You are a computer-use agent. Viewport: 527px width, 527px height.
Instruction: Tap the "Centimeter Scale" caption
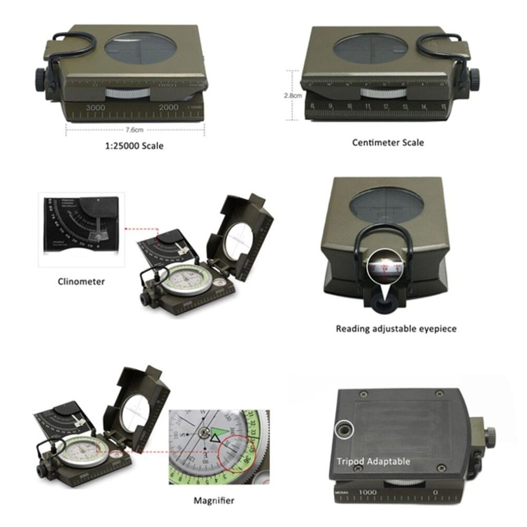[x=387, y=142]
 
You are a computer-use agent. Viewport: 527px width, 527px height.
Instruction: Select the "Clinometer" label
[x=81, y=281]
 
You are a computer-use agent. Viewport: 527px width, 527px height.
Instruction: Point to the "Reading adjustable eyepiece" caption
[x=396, y=329]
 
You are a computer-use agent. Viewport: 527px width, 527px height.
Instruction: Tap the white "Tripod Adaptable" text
[x=373, y=462]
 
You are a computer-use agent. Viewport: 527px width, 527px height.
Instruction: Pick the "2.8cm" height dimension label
[x=293, y=96]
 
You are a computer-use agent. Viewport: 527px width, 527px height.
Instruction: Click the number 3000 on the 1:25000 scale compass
[x=95, y=107]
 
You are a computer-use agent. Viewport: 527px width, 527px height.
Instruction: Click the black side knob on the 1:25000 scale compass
[x=42, y=78]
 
